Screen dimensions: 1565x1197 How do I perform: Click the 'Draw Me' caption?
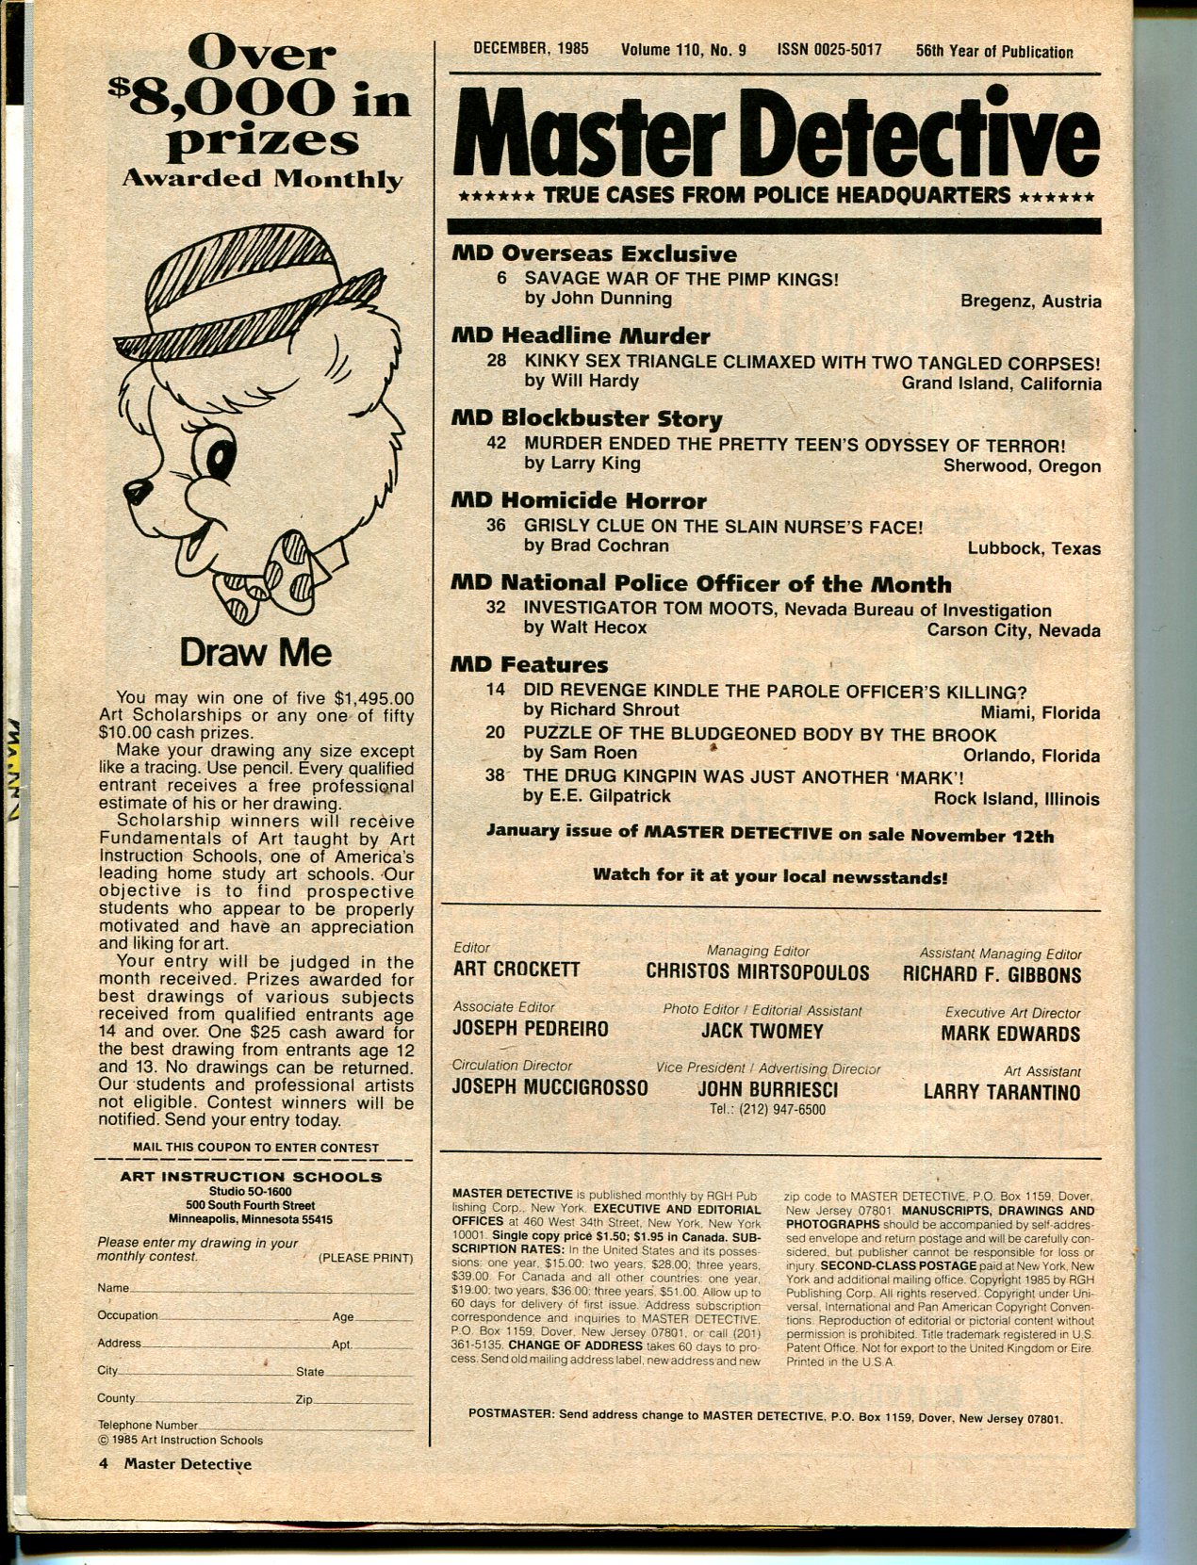[255, 652]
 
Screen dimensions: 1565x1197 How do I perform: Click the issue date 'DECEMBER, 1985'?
[531, 50]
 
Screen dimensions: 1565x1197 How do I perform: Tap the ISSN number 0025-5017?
[829, 50]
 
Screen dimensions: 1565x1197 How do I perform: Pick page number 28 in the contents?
[497, 361]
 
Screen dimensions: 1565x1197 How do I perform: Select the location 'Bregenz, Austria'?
[1030, 302]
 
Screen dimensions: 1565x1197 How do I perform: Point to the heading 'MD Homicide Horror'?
[579, 500]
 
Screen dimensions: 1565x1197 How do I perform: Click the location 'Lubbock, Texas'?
[1034, 548]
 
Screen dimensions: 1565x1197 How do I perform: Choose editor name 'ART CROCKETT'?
[517, 970]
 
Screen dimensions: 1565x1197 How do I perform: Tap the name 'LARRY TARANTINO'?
[1001, 1092]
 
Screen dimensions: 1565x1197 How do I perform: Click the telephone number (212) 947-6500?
[767, 1110]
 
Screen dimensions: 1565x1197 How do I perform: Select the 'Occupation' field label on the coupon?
[127, 1315]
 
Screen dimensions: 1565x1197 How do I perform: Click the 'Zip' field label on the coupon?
[303, 1399]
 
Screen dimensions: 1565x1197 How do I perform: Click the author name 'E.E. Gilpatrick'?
[597, 796]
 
